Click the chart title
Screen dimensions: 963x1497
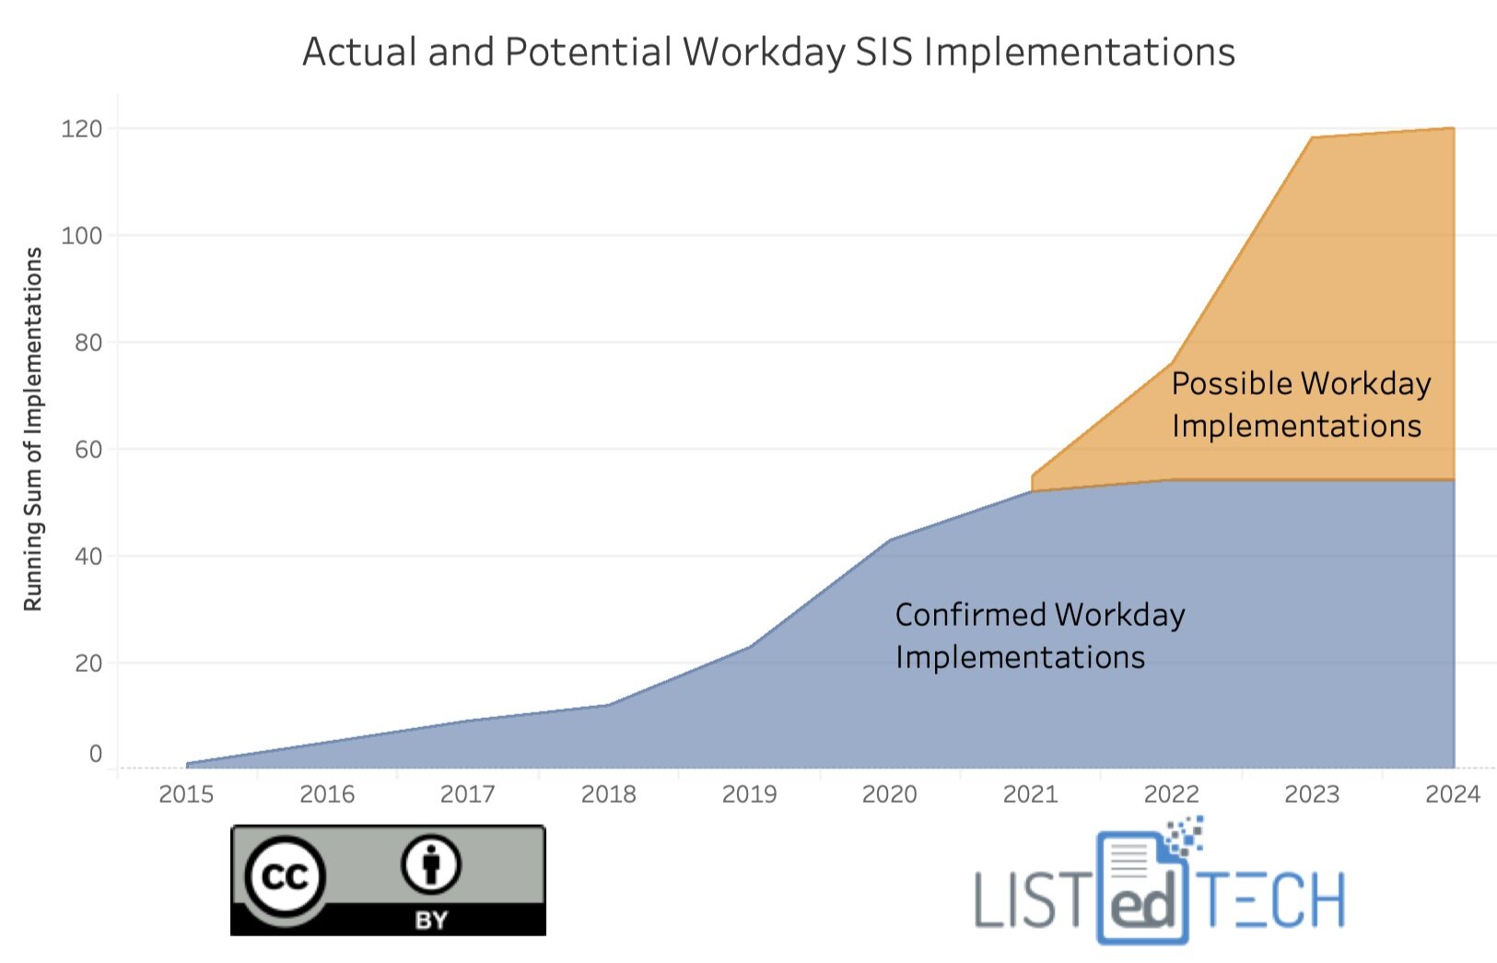click(768, 52)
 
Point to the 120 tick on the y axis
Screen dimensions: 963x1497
click(81, 129)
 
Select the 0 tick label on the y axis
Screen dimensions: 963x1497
click(95, 754)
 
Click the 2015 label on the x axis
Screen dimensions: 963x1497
click(186, 794)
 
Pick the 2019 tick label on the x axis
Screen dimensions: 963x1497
click(749, 794)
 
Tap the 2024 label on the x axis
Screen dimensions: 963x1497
click(1453, 794)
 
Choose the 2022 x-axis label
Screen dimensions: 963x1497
click(1171, 794)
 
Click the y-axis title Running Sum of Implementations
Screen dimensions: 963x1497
click(33, 429)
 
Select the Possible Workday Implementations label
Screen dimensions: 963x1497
click(1300, 405)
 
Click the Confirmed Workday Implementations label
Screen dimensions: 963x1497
click(1039, 636)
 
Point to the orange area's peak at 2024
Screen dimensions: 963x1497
click(1453, 128)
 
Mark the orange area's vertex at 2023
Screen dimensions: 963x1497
click(1312, 137)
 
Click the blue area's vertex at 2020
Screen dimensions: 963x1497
click(890, 539)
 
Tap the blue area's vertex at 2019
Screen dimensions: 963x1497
click(749, 646)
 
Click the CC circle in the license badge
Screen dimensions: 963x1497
click(285, 876)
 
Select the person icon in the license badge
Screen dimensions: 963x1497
click(430, 864)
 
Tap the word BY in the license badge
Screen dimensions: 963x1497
click(431, 920)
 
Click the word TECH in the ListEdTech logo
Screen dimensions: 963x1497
click(1274, 900)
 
